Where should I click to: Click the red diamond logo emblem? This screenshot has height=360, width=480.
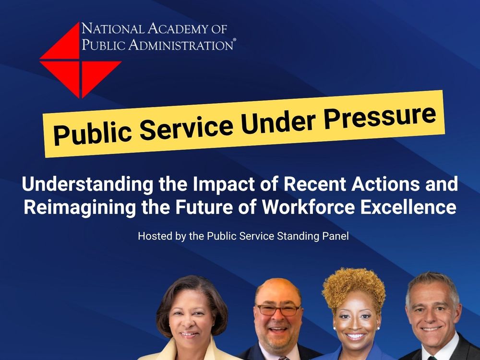[x=81, y=60]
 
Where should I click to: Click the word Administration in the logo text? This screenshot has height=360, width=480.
[x=180, y=45]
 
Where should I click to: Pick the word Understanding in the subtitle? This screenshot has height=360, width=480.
[x=87, y=185]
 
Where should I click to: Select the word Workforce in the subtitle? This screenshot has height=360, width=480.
[x=308, y=207]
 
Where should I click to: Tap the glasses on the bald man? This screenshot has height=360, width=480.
[x=278, y=310]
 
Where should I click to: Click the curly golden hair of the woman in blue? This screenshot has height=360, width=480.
[x=354, y=287]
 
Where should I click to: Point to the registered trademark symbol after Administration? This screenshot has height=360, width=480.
[x=235, y=40]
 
